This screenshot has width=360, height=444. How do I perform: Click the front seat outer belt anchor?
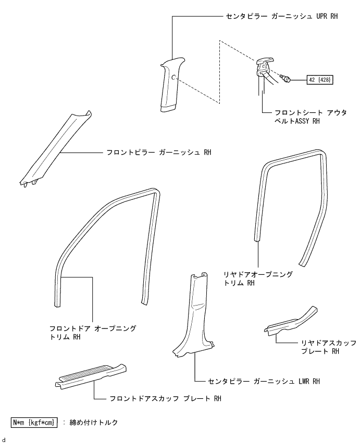(264, 68)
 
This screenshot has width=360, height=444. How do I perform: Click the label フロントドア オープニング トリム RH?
(92, 333)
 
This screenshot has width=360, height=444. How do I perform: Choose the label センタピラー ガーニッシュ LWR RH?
(263, 382)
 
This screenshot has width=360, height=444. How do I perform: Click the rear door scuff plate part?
(291, 322)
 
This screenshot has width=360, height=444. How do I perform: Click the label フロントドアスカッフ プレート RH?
(166, 399)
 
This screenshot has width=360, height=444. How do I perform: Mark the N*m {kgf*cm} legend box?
(34, 422)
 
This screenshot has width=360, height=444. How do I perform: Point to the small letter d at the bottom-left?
(4, 440)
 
